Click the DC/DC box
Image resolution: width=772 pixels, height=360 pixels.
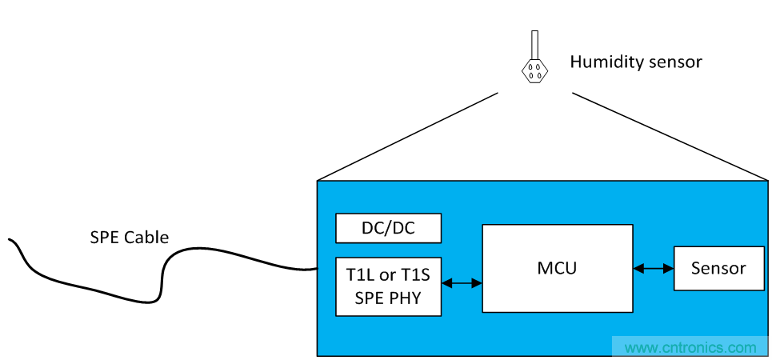pos(388,228)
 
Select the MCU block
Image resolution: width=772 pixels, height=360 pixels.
pos(557,268)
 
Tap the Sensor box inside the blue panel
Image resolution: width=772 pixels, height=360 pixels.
pos(718,268)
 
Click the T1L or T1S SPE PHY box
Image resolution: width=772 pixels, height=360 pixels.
pos(388,286)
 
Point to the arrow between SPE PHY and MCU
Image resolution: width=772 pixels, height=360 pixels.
pos(462,282)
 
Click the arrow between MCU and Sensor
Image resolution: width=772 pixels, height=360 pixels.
pos(654,269)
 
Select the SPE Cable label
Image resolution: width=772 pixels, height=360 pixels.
pos(129,237)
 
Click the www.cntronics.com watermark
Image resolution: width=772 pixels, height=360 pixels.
pos(690,348)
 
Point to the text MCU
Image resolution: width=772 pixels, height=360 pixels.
pos(557,268)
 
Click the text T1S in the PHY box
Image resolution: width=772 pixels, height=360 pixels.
pos(414,275)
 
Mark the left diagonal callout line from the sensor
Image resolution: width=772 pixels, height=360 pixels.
pos(408,136)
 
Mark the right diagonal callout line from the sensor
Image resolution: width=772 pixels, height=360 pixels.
pos(670,136)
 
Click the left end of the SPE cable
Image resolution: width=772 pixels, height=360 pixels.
pos(10,239)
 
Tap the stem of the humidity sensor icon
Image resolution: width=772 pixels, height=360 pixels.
pos(534,44)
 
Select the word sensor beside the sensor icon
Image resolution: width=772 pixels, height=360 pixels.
pos(673,62)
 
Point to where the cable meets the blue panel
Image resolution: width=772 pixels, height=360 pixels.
pos(318,270)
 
